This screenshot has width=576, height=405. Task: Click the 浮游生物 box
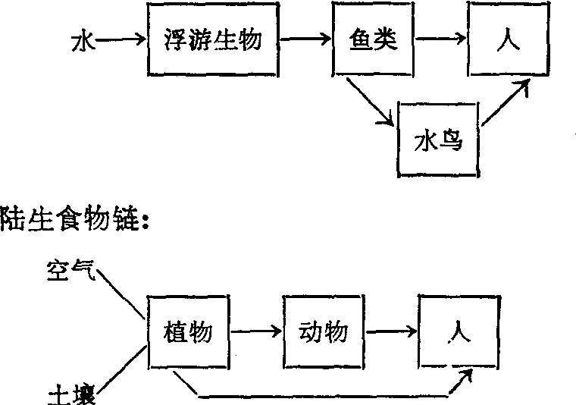(213, 39)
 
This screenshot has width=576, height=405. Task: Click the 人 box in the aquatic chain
(507, 39)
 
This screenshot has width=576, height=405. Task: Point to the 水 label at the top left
(82, 40)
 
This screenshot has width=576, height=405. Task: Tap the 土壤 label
(68, 394)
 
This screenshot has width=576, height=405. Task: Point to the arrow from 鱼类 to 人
(443, 39)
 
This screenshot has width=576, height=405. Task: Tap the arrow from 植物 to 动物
(257, 331)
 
